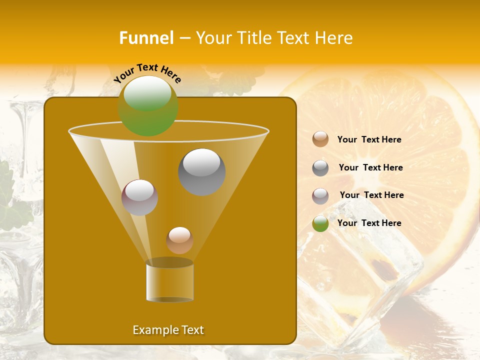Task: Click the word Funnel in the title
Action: (x=146, y=38)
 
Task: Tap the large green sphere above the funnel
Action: (x=148, y=106)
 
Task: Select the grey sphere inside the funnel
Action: (x=201, y=172)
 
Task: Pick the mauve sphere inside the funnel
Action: (x=139, y=197)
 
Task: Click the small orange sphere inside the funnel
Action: (x=179, y=240)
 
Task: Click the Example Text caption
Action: (x=168, y=330)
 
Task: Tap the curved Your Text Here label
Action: (x=147, y=73)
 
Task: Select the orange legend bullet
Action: (x=320, y=139)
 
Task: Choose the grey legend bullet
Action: (x=320, y=168)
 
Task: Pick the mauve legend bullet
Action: (x=320, y=196)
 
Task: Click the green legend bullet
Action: (x=320, y=223)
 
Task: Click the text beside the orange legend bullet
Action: (x=369, y=139)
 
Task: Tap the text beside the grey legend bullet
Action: (x=370, y=167)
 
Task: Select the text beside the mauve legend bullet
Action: (x=371, y=195)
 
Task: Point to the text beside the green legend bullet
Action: (x=369, y=223)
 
